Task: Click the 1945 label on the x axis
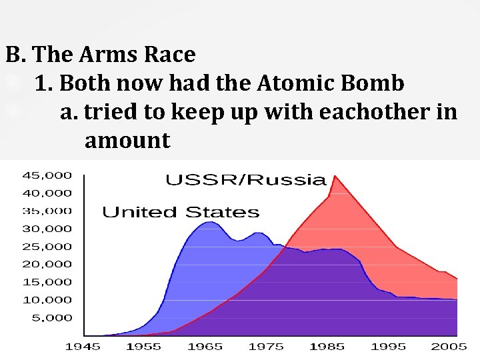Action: [x=83, y=347]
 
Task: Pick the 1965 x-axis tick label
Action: [x=206, y=347]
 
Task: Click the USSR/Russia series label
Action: [x=245, y=179]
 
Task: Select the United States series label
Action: [x=180, y=213]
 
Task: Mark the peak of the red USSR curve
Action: [x=334, y=176]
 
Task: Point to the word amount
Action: [x=127, y=141]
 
